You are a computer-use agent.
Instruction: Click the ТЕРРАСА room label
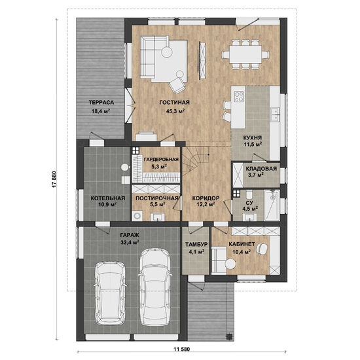(101, 102)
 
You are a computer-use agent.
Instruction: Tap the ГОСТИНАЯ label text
(175, 102)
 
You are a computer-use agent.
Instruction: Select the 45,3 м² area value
(175, 111)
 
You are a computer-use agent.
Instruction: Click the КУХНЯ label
(253, 137)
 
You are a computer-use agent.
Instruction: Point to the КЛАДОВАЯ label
(261, 169)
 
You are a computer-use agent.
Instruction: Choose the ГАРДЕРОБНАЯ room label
(161, 160)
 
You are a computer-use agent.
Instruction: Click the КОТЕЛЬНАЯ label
(108, 198)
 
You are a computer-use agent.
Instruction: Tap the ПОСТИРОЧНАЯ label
(157, 198)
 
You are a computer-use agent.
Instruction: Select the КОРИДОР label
(206, 198)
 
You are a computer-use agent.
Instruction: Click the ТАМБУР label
(196, 244)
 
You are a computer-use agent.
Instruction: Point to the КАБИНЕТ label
(242, 244)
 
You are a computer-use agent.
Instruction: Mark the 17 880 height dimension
(54, 179)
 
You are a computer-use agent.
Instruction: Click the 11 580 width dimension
(182, 350)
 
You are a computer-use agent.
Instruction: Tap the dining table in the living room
(245, 54)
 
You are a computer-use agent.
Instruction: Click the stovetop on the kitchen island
(238, 96)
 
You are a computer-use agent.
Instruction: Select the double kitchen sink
(275, 114)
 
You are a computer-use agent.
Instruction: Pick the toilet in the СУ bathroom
(249, 194)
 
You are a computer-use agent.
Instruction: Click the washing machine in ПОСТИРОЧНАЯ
(137, 216)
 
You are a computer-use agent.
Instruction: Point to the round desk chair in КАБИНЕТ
(262, 248)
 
